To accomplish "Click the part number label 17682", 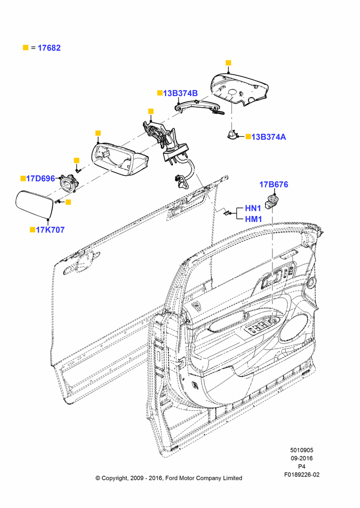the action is tap(49, 48).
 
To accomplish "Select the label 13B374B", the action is tap(181, 93).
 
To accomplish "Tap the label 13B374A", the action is tap(268, 137).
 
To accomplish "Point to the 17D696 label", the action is tap(41, 178).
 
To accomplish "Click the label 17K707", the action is tap(50, 230).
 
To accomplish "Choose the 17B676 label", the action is tap(274, 185).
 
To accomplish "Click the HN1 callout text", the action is tap(253, 208).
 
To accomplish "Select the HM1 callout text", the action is tap(253, 219).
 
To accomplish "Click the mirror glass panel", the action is tap(34, 205).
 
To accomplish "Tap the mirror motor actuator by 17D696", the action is tap(69, 183).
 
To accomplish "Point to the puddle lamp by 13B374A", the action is tap(232, 135).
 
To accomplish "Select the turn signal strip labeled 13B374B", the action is tap(196, 106).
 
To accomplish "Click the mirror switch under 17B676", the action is tap(271, 202).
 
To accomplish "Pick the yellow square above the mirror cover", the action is tap(228, 63).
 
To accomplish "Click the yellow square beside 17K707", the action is tap(33, 230).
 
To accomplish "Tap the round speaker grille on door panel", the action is tap(295, 328).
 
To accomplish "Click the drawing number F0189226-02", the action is tap(302, 474).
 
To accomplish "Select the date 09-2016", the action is tap(302, 458).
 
